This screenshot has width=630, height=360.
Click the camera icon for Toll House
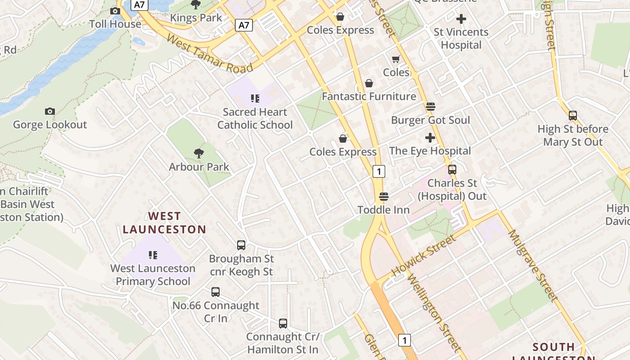click(115, 11)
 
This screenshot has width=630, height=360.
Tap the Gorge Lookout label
click(50, 125)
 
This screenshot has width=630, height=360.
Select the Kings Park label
click(196, 18)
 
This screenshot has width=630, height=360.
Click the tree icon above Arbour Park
click(198, 153)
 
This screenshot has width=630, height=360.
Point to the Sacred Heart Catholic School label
click(255, 118)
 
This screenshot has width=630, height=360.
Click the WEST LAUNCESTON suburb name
click(164, 223)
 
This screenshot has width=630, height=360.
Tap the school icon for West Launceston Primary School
click(153, 255)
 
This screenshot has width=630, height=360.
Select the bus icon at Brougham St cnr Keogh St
click(241, 245)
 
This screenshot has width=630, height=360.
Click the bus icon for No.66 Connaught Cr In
click(216, 292)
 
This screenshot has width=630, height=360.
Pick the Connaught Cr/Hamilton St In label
click(283, 343)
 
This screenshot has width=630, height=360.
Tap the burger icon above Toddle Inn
click(383, 197)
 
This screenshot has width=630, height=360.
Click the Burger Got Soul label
click(430, 120)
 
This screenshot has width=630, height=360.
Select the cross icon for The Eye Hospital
click(430, 138)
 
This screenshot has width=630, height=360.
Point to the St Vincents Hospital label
click(461, 39)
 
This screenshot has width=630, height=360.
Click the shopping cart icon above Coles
click(396, 59)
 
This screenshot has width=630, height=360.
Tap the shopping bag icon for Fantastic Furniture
click(369, 83)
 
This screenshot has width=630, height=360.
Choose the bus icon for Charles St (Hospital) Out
click(452, 170)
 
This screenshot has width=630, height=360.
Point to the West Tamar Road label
click(210, 54)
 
